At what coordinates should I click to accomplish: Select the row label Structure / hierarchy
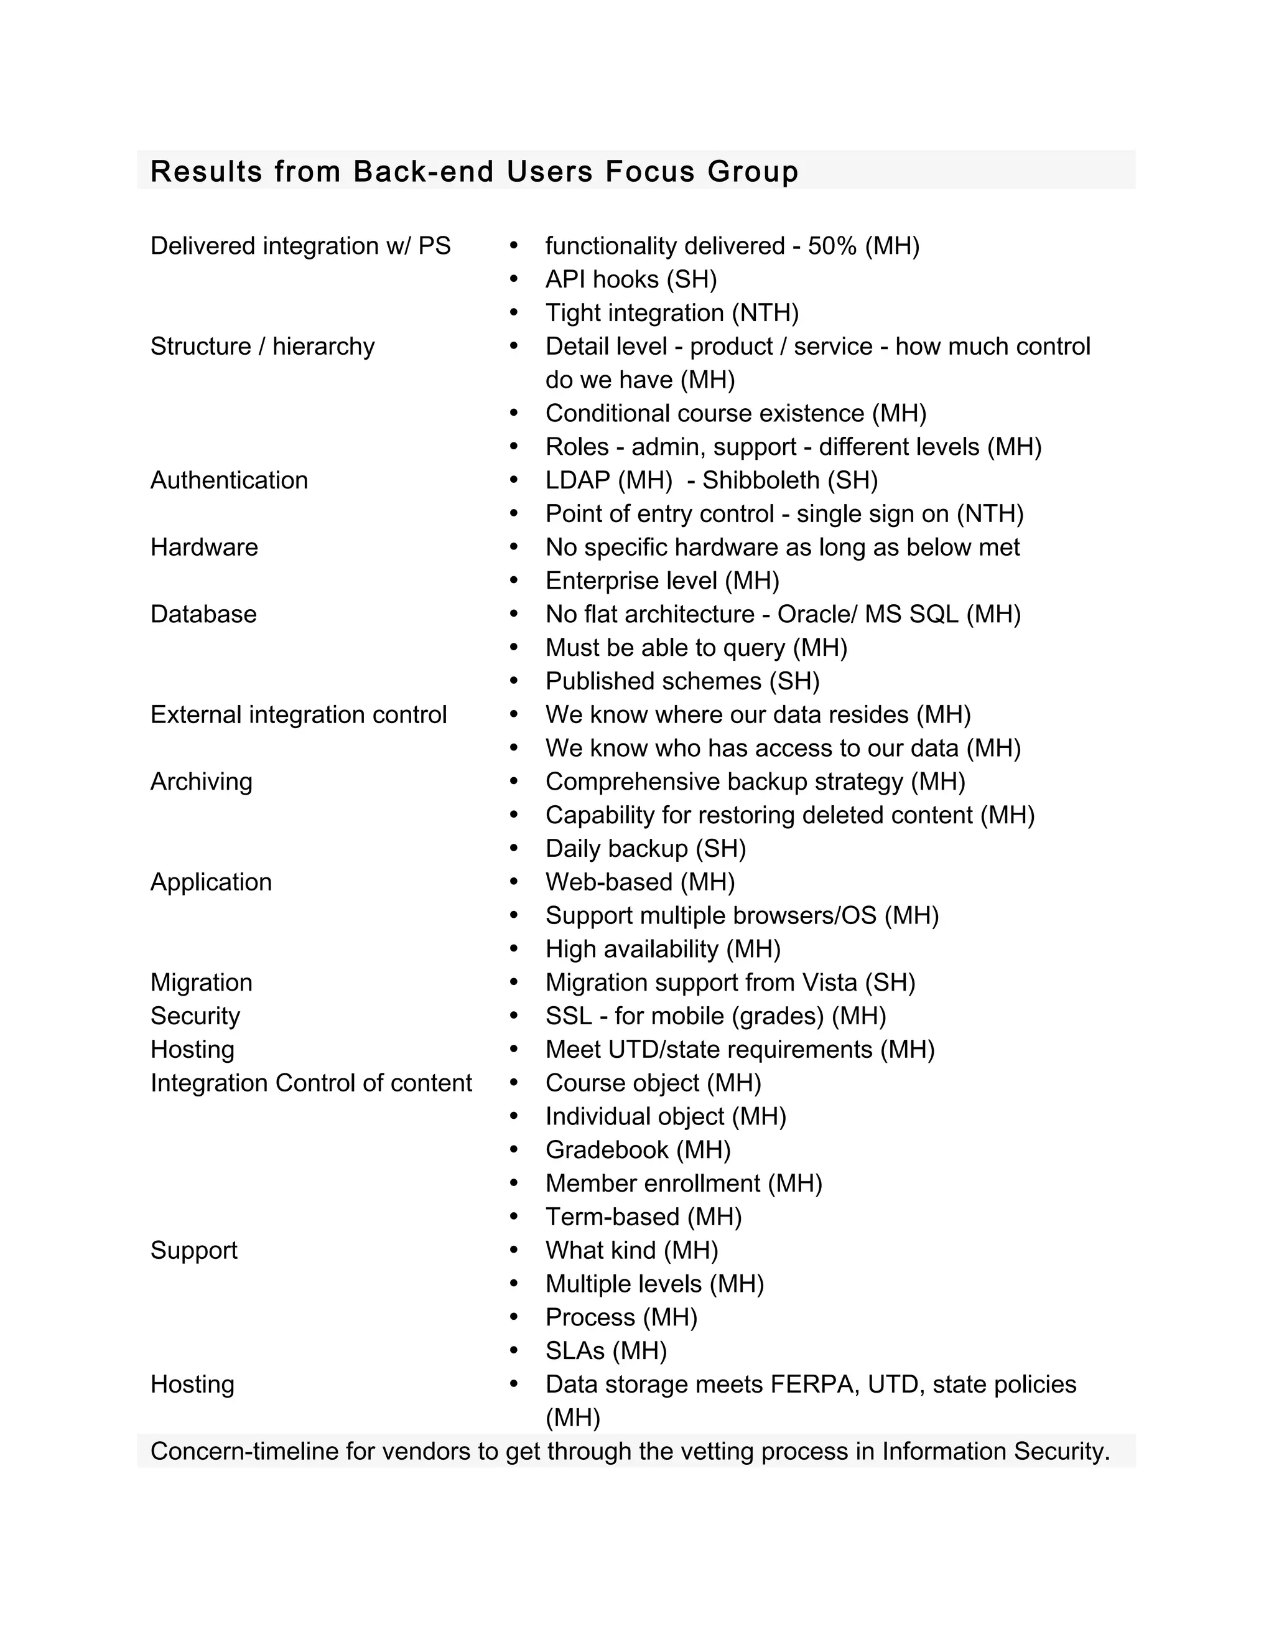(262, 347)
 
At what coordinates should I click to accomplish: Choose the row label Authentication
(229, 480)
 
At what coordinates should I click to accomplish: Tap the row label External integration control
(298, 714)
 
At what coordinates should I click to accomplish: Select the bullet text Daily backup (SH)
(645, 849)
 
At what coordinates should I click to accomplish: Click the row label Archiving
(201, 782)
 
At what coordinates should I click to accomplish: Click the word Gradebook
(607, 1150)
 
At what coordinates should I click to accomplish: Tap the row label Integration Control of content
(310, 1083)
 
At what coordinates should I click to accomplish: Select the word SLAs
(575, 1351)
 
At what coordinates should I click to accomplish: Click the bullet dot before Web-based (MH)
(514, 882)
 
